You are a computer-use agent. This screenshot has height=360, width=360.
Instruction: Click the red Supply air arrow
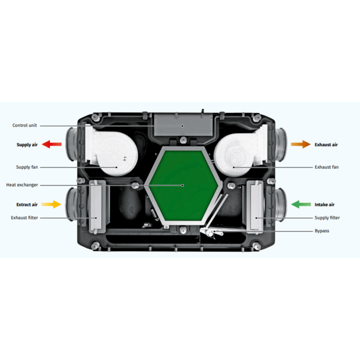click(x=52, y=144)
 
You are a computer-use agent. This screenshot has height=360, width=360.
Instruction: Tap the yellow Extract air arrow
click(x=52, y=204)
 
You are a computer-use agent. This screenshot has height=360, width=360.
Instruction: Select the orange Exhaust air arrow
click(x=300, y=144)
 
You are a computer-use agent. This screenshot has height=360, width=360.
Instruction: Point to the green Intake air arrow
click(x=302, y=204)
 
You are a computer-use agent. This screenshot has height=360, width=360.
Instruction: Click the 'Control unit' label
click(x=25, y=125)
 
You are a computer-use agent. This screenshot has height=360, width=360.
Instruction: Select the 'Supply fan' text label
click(x=27, y=167)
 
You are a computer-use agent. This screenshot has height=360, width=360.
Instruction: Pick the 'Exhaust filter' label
click(x=25, y=218)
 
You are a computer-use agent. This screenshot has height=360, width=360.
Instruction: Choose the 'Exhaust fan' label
click(x=327, y=167)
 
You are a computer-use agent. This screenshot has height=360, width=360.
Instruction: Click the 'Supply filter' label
click(x=327, y=218)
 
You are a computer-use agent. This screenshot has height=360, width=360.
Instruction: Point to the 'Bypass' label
click(x=323, y=231)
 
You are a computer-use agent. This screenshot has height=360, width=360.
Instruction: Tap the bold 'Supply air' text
click(x=28, y=145)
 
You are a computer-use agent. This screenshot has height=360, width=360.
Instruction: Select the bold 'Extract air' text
click(x=27, y=204)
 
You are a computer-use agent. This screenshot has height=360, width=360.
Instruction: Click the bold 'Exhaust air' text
click(x=326, y=145)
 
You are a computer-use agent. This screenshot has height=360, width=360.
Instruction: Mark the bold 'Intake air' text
click(x=324, y=204)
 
